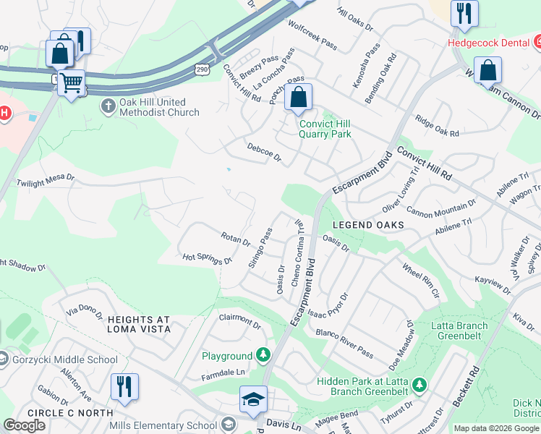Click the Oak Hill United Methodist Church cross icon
pos(108,107)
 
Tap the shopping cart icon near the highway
pos(71,83)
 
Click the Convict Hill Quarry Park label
pos(325,128)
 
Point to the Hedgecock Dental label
pos(489,43)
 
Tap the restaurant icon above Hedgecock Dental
pos(463,13)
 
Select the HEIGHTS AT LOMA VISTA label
pos(139,324)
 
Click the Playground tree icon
pos(264,355)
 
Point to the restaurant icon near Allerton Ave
pos(124,386)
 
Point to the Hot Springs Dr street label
pos(207,258)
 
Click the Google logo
pos(25,425)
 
